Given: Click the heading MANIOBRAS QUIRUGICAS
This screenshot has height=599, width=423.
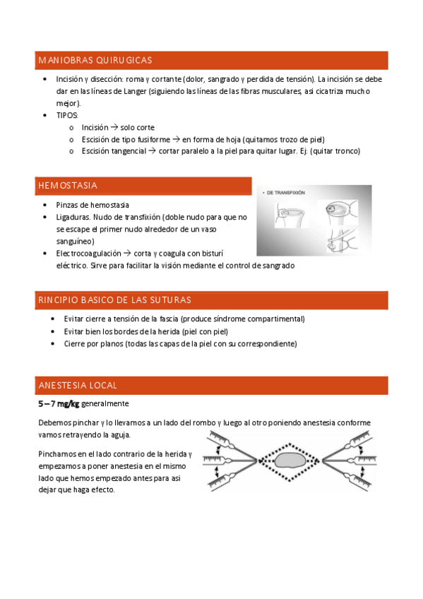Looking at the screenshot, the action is click(95, 60).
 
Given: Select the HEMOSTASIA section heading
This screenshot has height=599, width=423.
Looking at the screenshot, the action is click(68, 186).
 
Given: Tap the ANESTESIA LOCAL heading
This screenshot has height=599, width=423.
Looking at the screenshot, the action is click(78, 386).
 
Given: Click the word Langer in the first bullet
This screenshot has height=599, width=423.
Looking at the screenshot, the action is click(135, 91).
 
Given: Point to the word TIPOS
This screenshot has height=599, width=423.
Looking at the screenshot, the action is click(67, 115).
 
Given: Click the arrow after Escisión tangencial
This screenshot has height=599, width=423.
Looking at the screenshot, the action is click(152, 151).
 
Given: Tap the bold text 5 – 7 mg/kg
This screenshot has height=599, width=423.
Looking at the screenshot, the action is click(59, 404).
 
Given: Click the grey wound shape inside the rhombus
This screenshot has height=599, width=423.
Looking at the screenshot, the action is click(290, 461).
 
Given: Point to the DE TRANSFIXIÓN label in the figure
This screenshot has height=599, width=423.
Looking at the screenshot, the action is click(285, 193).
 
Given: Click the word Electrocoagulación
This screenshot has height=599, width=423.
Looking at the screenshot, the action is click(88, 254).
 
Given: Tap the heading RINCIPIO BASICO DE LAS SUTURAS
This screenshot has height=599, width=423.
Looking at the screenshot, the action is click(114, 300).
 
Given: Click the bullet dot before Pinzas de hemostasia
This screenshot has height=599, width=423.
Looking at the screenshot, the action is click(45, 205).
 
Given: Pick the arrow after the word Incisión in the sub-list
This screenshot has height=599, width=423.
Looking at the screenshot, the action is click(114, 127).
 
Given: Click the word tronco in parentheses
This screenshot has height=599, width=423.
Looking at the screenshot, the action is click(347, 151).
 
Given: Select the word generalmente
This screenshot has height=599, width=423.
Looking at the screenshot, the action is click(105, 404).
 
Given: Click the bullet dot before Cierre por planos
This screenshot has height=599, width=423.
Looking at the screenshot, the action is click(53, 344).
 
